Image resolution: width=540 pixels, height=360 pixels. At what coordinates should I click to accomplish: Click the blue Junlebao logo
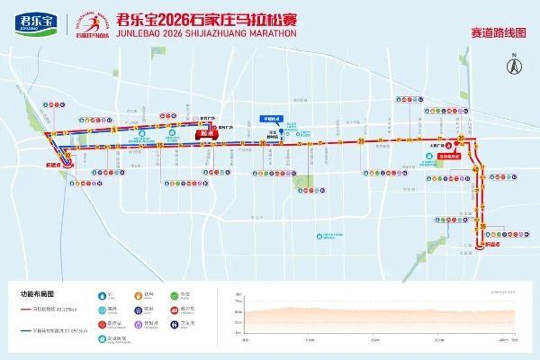30,21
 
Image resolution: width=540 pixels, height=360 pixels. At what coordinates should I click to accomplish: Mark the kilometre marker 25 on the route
359,141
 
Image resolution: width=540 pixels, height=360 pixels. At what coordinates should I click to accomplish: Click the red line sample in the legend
28,310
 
